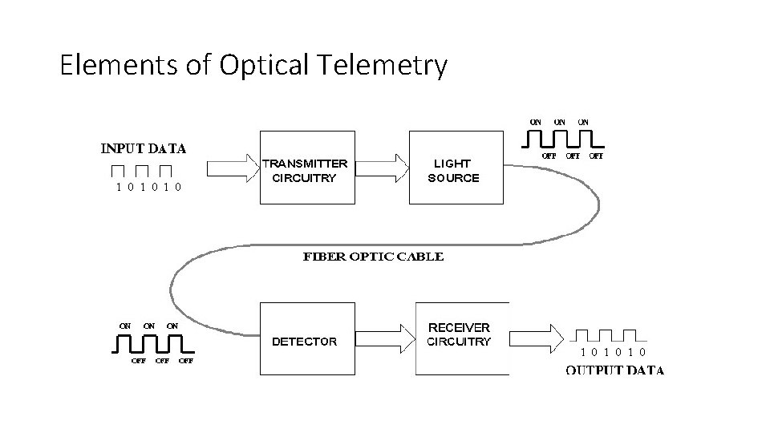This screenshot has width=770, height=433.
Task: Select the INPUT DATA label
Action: pyautogui.click(x=143, y=148)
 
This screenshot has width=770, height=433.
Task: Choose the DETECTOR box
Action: pyautogui.click(x=306, y=339)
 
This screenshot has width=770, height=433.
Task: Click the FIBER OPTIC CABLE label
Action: pyautogui.click(x=372, y=257)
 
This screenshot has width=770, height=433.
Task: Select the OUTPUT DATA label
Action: pyautogui.click(x=614, y=370)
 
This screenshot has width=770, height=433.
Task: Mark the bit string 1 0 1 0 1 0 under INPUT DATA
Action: pyautogui.click(x=148, y=188)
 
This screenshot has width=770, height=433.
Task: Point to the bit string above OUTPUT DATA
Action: pyautogui.click(x=614, y=352)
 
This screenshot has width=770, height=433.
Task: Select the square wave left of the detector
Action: pyautogui.click(x=152, y=344)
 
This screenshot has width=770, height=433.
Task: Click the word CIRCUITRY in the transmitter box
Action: pyautogui.click(x=304, y=178)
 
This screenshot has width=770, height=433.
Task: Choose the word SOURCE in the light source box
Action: pyautogui.click(x=453, y=178)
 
